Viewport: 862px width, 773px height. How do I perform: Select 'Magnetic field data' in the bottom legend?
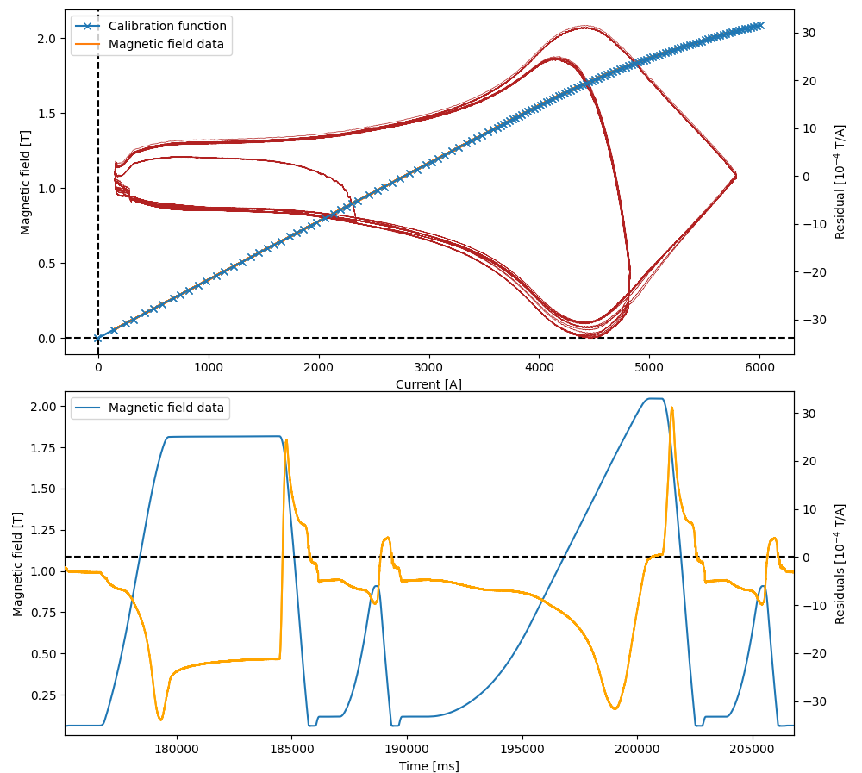166,408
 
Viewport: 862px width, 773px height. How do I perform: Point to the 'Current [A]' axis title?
428,384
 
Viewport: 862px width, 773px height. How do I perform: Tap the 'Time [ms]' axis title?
428,766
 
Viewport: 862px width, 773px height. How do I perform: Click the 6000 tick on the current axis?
759,365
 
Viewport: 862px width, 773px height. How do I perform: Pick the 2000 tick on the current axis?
319,365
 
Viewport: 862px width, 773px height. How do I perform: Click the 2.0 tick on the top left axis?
47,39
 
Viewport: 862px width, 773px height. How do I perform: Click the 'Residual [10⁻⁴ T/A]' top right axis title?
840,181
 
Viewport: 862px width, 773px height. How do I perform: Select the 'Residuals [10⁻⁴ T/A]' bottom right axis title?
840,564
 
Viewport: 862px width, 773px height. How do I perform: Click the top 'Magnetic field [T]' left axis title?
26,181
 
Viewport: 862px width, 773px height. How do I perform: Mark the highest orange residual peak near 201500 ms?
671,408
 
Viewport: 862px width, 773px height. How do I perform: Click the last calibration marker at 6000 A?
759,26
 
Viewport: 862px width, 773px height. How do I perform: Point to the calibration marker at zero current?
97,339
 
